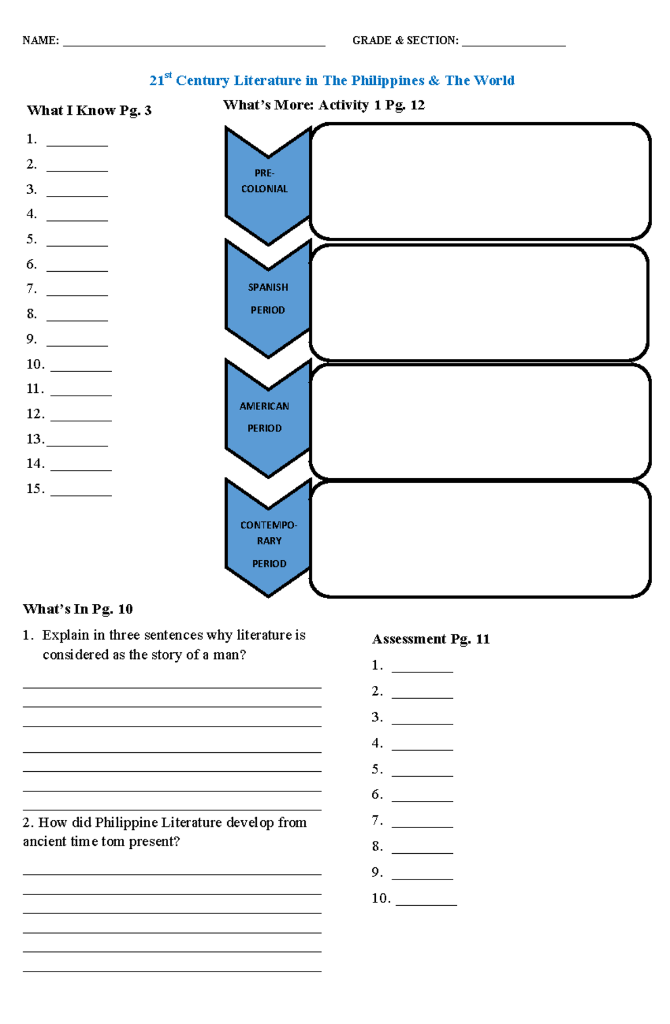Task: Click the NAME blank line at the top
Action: click(194, 44)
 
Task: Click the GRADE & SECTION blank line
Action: click(514, 44)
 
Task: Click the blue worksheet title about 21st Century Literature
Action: click(332, 80)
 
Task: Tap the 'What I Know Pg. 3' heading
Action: click(89, 110)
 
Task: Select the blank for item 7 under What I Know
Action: click(77, 294)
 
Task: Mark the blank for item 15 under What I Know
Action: click(81, 493)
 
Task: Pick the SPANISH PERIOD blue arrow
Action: click(267, 299)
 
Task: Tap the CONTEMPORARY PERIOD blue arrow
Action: click(268, 539)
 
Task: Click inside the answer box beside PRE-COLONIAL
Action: click(480, 181)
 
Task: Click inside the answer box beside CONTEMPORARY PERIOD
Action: click(480, 539)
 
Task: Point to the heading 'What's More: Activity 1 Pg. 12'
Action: click(324, 105)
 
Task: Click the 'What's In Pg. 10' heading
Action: click(78, 609)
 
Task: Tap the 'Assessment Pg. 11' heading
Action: click(430, 639)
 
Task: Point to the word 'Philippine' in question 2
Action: click(127, 823)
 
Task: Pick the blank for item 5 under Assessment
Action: click(422, 774)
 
